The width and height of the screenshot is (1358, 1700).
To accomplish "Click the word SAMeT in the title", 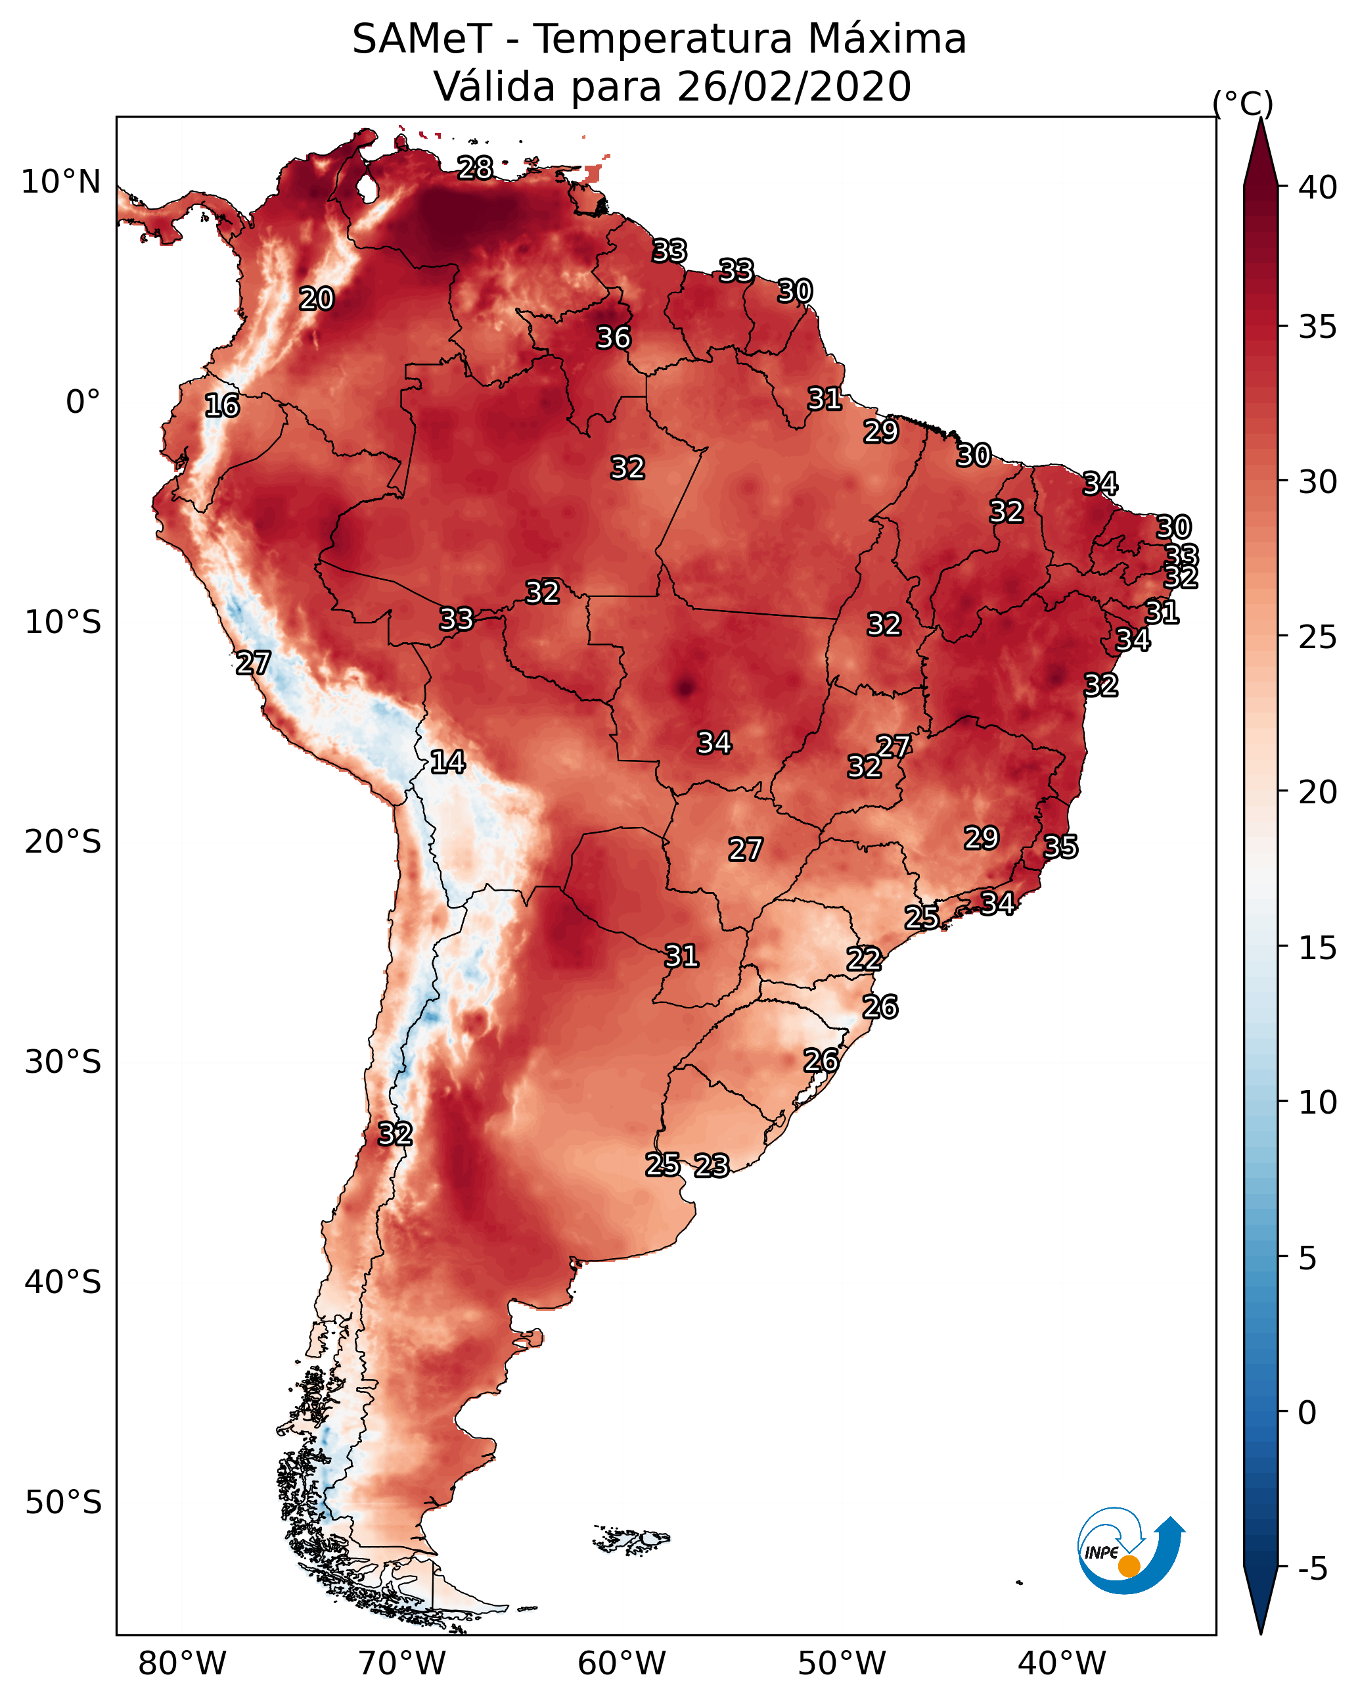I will [x=421, y=39].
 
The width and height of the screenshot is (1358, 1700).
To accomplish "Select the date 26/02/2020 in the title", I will [x=793, y=87].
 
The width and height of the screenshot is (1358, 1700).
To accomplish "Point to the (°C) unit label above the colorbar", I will [x=1243, y=103].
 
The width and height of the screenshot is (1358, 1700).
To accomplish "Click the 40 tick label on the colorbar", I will [x=1318, y=187].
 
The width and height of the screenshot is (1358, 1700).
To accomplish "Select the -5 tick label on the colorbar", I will [x=1311, y=1569].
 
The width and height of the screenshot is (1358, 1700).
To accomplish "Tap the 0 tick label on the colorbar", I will [x=1307, y=1413].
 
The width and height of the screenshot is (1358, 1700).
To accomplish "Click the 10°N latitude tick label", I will [x=62, y=182].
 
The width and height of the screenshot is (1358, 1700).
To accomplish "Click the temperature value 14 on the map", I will [x=447, y=762].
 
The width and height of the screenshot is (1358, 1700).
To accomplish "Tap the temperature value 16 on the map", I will [x=222, y=406].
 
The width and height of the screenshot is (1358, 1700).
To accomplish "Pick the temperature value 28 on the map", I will [x=475, y=168].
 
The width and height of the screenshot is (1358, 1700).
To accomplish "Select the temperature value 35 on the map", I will [x=1060, y=847].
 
